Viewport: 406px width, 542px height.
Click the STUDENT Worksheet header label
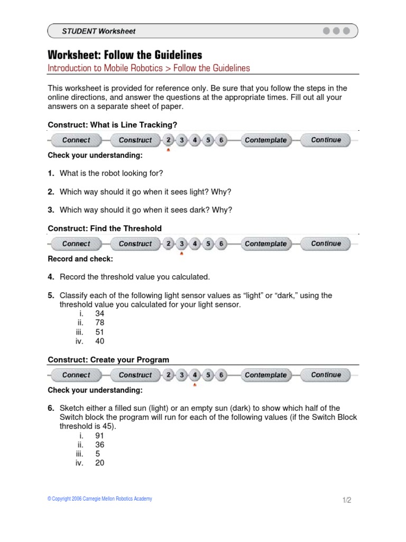(x=99, y=31)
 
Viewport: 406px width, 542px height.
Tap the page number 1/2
(x=346, y=500)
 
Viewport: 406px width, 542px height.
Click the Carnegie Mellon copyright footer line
(x=99, y=499)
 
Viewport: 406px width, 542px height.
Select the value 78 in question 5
(x=99, y=323)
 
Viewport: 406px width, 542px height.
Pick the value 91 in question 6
(x=99, y=436)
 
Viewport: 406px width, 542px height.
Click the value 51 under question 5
(x=99, y=332)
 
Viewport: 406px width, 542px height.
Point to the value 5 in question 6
(x=97, y=454)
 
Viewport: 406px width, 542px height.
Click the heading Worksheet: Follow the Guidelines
(x=125, y=55)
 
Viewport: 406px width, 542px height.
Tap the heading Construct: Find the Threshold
(x=105, y=229)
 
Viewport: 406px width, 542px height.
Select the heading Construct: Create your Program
(x=108, y=360)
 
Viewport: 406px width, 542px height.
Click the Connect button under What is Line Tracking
(x=76, y=140)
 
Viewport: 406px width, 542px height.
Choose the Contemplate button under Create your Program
(x=265, y=375)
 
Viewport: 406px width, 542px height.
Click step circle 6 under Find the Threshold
(x=222, y=244)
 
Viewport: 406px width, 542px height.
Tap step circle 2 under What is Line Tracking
(x=169, y=140)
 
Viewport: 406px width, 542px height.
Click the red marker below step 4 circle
(x=195, y=385)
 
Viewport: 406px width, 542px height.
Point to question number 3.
(x=51, y=210)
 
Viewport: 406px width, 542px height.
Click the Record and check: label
(x=80, y=259)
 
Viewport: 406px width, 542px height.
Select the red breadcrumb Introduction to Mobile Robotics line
(x=149, y=68)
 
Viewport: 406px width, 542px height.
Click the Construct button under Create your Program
(x=135, y=375)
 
